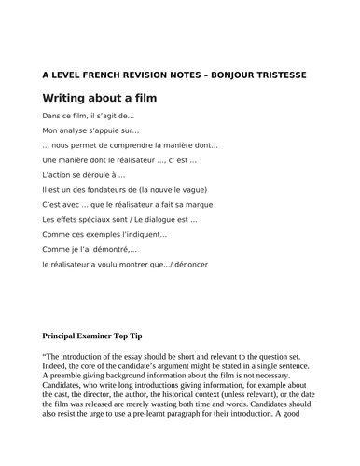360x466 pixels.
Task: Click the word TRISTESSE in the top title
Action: (x=276, y=75)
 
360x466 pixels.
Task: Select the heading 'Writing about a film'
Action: (x=100, y=98)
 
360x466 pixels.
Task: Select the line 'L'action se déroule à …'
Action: (x=84, y=175)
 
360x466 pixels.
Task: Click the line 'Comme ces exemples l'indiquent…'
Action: (x=104, y=235)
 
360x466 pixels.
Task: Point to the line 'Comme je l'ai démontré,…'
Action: (x=90, y=250)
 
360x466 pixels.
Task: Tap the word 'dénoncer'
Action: (x=189, y=265)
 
